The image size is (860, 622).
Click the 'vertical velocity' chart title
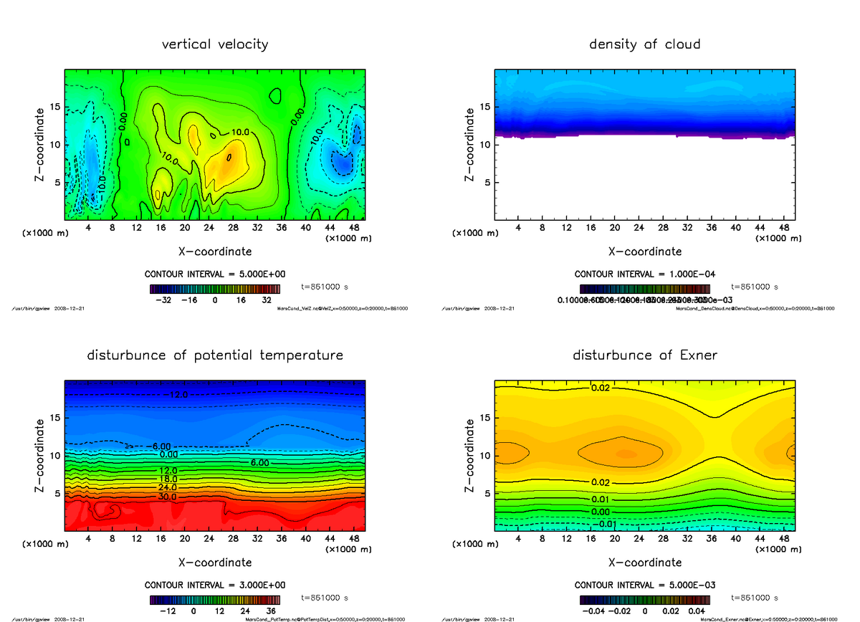click(x=215, y=44)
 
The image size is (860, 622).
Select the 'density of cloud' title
click(x=644, y=44)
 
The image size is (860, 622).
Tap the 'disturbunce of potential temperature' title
click(x=215, y=355)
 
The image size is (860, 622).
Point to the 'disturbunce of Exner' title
click(x=644, y=355)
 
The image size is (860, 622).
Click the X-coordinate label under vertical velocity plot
click(x=215, y=252)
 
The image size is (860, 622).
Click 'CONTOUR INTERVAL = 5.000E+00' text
click(x=215, y=274)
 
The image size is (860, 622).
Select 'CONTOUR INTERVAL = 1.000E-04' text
click(x=644, y=274)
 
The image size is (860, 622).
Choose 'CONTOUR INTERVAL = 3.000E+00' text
click(x=215, y=585)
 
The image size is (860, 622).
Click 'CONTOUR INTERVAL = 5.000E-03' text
click(x=644, y=585)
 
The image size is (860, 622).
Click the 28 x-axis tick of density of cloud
click(x=663, y=227)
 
